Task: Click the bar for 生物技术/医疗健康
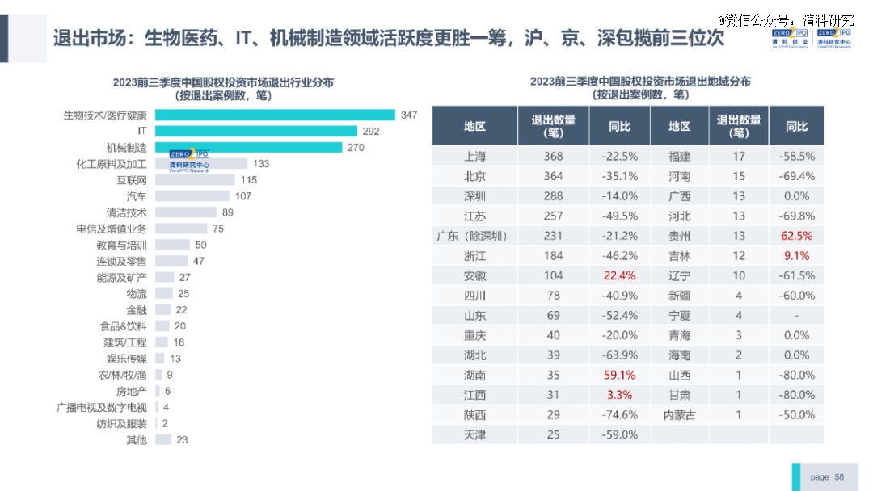point(275,115)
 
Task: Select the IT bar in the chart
point(255,131)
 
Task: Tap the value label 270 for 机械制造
point(356,148)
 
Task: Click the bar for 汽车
point(192,196)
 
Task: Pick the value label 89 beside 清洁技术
point(227,212)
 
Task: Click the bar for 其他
point(162,439)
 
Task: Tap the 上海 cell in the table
point(474,157)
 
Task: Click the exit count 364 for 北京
point(553,176)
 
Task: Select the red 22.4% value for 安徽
point(620,275)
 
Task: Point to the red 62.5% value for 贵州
point(797,236)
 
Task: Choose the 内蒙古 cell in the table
point(679,415)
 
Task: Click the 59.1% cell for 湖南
point(620,375)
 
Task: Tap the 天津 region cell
point(474,434)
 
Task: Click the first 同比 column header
point(620,127)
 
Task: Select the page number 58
point(839,477)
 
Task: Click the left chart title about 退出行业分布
point(223,88)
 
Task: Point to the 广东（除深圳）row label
point(474,236)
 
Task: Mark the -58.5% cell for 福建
point(797,157)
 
